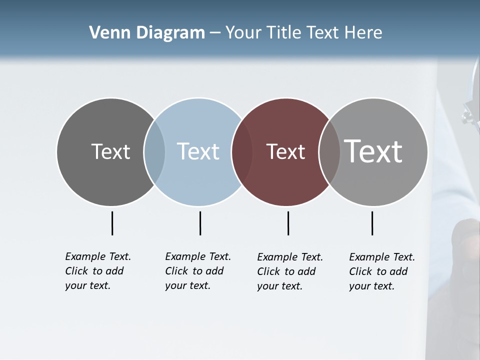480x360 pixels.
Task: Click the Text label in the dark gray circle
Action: [x=110, y=151]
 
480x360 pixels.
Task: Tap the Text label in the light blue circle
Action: [x=198, y=151]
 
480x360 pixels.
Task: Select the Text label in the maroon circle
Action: [x=285, y=151]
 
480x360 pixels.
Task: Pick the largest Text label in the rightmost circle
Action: [x=373, y=151]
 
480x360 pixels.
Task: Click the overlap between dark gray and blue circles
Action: [x=154, y=151]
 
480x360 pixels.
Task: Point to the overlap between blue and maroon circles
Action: [x=242, y=151]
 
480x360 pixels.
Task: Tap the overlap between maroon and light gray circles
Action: [x=329, y=151]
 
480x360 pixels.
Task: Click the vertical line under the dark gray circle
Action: [x=112, y=223]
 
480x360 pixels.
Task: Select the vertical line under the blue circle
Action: [x=200, y=223]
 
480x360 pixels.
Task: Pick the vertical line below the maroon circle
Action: [x=288, y=223]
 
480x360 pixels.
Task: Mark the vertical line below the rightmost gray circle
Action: [x=372, y=223]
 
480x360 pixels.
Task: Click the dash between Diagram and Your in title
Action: [x=215, y=33]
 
